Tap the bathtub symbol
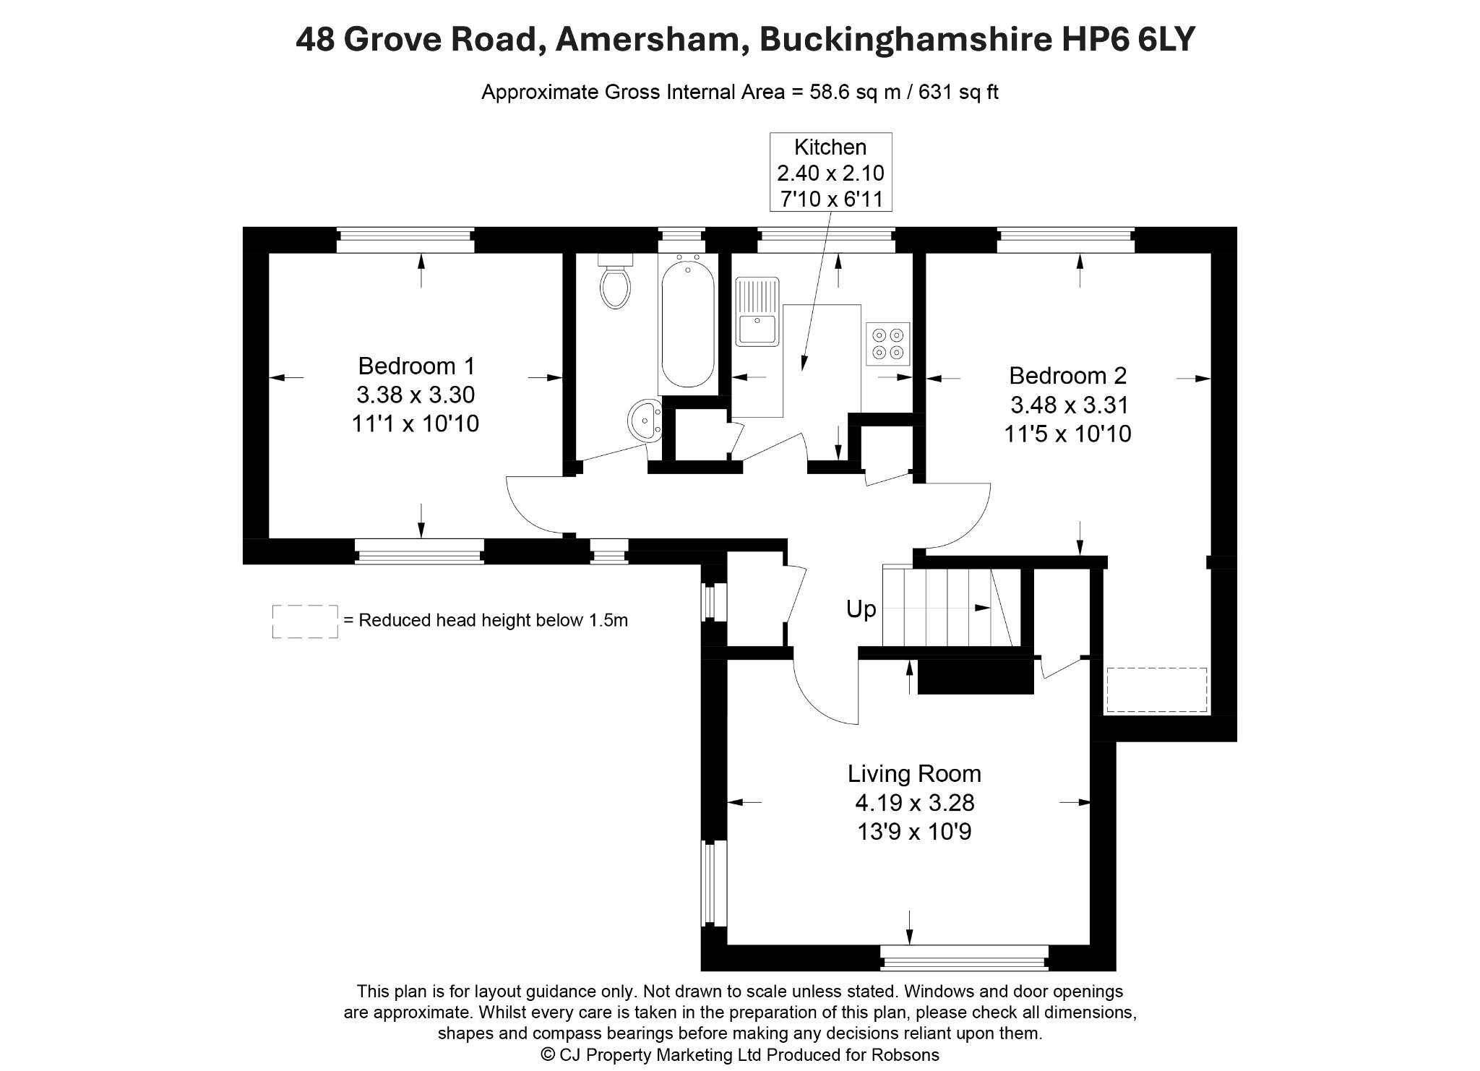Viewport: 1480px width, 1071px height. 687,324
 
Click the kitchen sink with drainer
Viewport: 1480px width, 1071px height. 756,311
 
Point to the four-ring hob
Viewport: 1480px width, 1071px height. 888,344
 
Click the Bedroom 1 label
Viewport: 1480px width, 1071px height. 416,366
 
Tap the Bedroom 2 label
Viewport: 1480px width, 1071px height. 1067,376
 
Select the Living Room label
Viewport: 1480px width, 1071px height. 914,774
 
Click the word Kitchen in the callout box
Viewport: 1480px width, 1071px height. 830,147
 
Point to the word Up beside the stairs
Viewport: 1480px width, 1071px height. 861,610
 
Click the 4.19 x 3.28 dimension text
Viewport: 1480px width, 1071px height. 915,803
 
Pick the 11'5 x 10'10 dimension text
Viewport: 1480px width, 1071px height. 1067,434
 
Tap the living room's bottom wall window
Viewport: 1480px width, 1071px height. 964,958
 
